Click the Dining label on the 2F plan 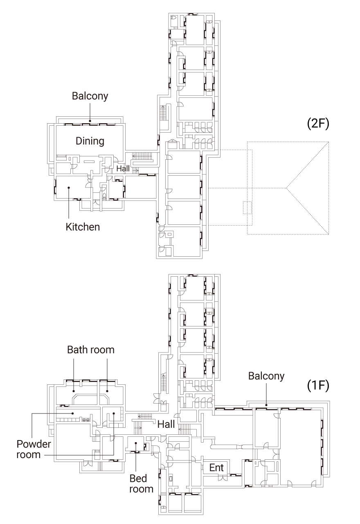click(90, 141)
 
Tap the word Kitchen click(83, 226)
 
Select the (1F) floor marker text click(317, 385)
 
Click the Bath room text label click(90, 350)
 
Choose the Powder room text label click(34, 449)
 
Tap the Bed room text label click(141, 483)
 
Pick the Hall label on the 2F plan click(123, 168)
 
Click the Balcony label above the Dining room click(90, 96)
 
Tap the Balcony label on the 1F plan click(266, 376)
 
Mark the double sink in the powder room click(86, 420)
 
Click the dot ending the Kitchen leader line click(69, 187)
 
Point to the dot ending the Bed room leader click(135, 444)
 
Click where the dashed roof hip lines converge click(287, 188)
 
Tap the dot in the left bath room click(73, 391)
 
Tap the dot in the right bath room click(107, 391)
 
